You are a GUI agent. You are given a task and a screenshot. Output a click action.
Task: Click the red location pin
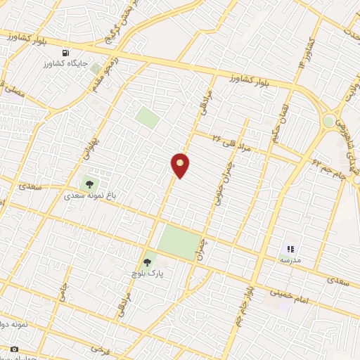pyautogui.click(x=181, y=165)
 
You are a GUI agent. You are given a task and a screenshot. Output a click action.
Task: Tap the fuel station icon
pyautogui.click(x=66, y=53)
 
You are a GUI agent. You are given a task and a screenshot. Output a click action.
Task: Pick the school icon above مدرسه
pyautogui.click(x=290, y=248)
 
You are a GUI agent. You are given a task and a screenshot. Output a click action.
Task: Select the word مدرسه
pyautogui.click(x=290, y=259)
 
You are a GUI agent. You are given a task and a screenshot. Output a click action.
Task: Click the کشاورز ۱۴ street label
pyautogui.click(x=307, y=53)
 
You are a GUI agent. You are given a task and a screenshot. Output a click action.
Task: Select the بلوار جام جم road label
pyautogui.click(x=245, y=299)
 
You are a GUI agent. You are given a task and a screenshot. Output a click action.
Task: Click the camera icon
pyautogui.click(x=14, y=349)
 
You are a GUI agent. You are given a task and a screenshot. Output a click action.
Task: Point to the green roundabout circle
pyautogui.click(x=328, y=121)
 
